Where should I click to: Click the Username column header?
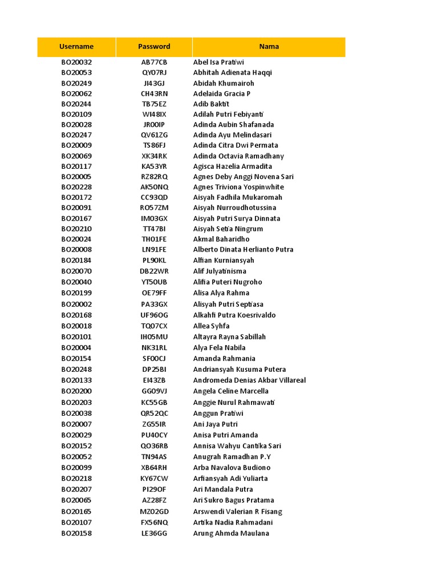tap(76, 47)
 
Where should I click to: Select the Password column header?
tap(154, 47)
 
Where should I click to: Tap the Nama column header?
tap(269, 47)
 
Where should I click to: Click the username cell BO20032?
tap(76, 62)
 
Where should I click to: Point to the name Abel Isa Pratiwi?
tap(218, 62)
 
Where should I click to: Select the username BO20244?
tap(76, 104)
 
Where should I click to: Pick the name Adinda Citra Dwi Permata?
tap(236, 145)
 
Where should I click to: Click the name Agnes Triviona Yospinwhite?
tap(238, 187)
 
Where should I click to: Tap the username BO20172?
tap(76, 197)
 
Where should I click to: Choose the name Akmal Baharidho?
tap(221, 239)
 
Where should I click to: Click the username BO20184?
tap(76, 260)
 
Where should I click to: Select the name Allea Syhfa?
tap(212, 326)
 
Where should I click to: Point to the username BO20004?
tap(76, 347)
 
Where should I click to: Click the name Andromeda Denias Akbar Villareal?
tap(249, 380)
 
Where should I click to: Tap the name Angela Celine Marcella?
tap(231, 391)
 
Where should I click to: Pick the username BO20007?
tap(76, 424)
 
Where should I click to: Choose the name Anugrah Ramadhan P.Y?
tap(232, 457)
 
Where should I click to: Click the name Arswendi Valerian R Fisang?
tap(238, 512)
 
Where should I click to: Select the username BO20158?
tap(76, 533)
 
